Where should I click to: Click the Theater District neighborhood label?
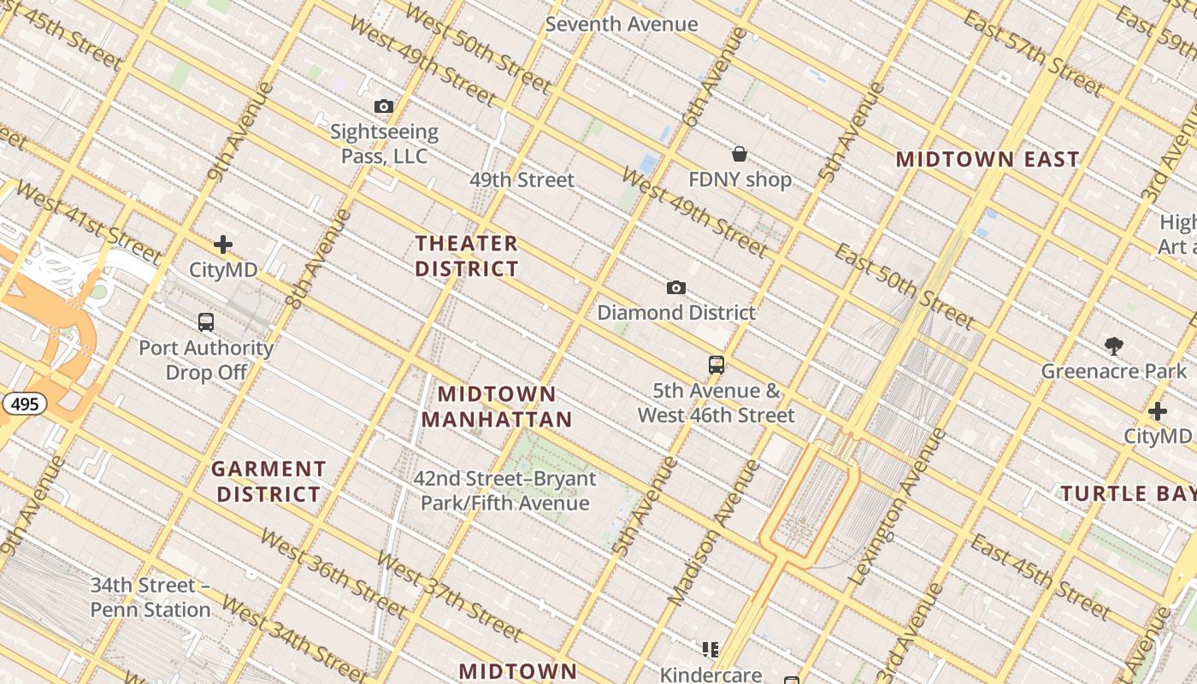pyautogui.click(x=467, y=256)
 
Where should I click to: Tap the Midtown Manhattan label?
pyautogui.click(x=497, y=407)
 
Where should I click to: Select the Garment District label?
pyautogui.click(x=268, y=481)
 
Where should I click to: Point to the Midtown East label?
pyautogui.click(x=988, y=159)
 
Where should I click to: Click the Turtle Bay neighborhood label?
pyautogui.click(x=1128, y=493)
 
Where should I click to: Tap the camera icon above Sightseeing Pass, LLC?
pyautogui.click(x=384, y=107)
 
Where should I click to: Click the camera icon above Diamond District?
pyautogui.click(x=676, y=287)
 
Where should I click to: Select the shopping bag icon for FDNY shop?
pyautogui.click(x=740, y=154)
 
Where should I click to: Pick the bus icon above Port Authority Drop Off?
pyautogui.click(x=206, y=322)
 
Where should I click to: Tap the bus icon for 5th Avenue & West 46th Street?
pyautogui.click(x=716, y=365)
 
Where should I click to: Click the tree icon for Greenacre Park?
pyautogui.click(x=1113, y=346)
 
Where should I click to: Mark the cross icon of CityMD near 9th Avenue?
pyautogui.click(x=223, y=245)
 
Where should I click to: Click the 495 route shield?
pyautogui.click(x=25, y=404)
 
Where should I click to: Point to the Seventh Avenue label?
pyautogui.click(x=622, y=24)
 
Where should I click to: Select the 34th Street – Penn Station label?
pyautogui.click(x=150, y=598)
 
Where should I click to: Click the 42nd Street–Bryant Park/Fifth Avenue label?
pyautogui.click(x=504, y=491)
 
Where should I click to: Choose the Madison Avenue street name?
pyautogui.click(x=713, y=532)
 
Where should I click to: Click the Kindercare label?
pyautogui.click(x=711, y=675)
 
